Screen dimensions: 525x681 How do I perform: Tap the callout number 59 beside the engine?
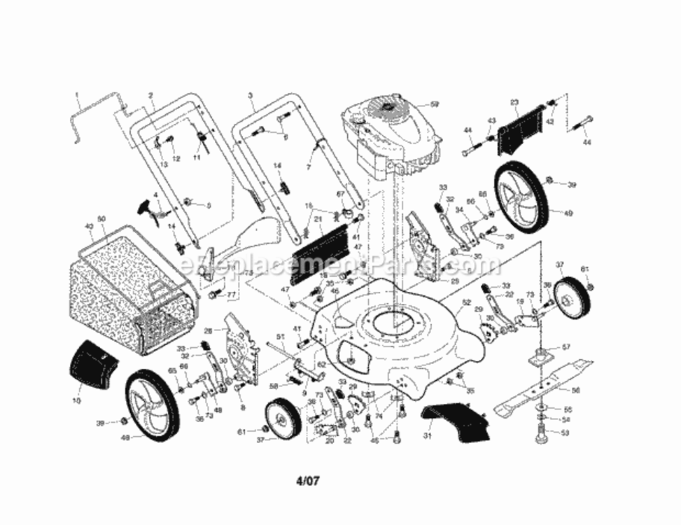click(x=434, y=104)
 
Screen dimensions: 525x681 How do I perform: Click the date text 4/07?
click(x=309, y=482)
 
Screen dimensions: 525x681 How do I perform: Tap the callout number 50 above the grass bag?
click(x=101, y=220)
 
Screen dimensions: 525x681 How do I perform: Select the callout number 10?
click(x=76, y=401)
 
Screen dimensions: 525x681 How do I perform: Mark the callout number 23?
click(x=514, y=103)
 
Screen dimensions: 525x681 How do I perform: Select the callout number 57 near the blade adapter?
click(x=567, y=347)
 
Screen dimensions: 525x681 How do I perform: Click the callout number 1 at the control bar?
click(x=78, y=94)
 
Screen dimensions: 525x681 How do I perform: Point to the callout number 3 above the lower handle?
click(x=249, y=94)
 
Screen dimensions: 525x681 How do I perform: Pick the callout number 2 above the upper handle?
click(x=150, y=95)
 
